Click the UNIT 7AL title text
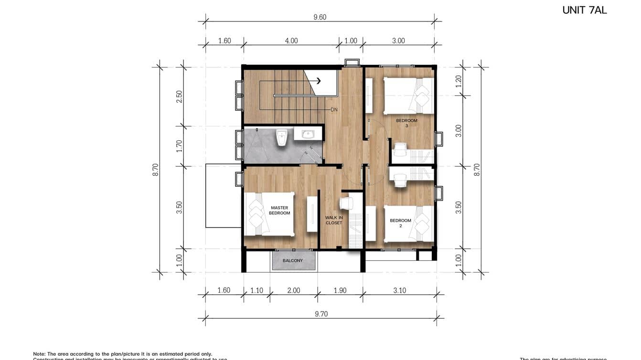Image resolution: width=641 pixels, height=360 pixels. (584, 10)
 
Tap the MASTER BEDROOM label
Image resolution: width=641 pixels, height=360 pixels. (280, 211)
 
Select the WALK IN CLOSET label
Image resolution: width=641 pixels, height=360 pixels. (334, 220)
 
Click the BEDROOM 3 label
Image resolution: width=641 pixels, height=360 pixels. (406, 123)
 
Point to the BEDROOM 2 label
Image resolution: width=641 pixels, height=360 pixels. (400, 223)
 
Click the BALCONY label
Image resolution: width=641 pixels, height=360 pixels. (293, 261)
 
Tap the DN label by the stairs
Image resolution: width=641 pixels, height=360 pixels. (334, 109)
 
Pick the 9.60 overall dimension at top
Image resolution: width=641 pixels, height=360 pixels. (320, 17)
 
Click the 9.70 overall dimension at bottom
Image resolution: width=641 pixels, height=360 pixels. (320, 314)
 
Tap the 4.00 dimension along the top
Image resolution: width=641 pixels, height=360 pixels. (291, 41)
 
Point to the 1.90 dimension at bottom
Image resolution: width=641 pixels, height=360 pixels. (340, 290)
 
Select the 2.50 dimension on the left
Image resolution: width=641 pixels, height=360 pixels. (180, 96)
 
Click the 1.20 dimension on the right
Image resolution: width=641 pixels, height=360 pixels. (459, 81)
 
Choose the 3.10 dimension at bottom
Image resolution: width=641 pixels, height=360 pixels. (399, 290)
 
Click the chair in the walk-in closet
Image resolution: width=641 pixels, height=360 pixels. (346, 203)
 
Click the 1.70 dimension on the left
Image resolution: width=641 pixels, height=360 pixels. (180, 146)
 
